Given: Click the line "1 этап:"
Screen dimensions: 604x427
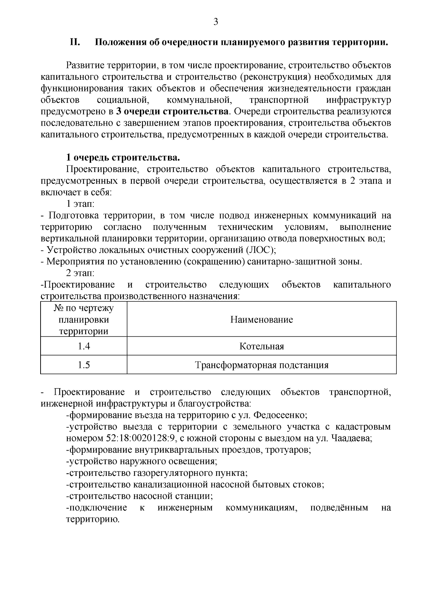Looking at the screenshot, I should click(x=80, y=204).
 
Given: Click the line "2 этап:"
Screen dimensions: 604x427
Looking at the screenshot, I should click(x=80, y=273).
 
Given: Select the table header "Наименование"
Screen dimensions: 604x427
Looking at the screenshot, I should click(x=262, y=320).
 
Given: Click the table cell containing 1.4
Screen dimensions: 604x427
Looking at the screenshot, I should click(x=84, y=346).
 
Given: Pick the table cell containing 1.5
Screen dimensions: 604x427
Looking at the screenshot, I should click(x=84, y=365).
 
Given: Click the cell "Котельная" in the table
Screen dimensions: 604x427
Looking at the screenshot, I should click(x=262, y=346).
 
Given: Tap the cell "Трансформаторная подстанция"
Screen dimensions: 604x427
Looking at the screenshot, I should click(x=262, y=365).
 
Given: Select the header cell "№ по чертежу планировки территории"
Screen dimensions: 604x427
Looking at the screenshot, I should click(x=84, y=320).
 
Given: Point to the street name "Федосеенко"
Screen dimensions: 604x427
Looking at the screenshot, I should click(x=281, y=415).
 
